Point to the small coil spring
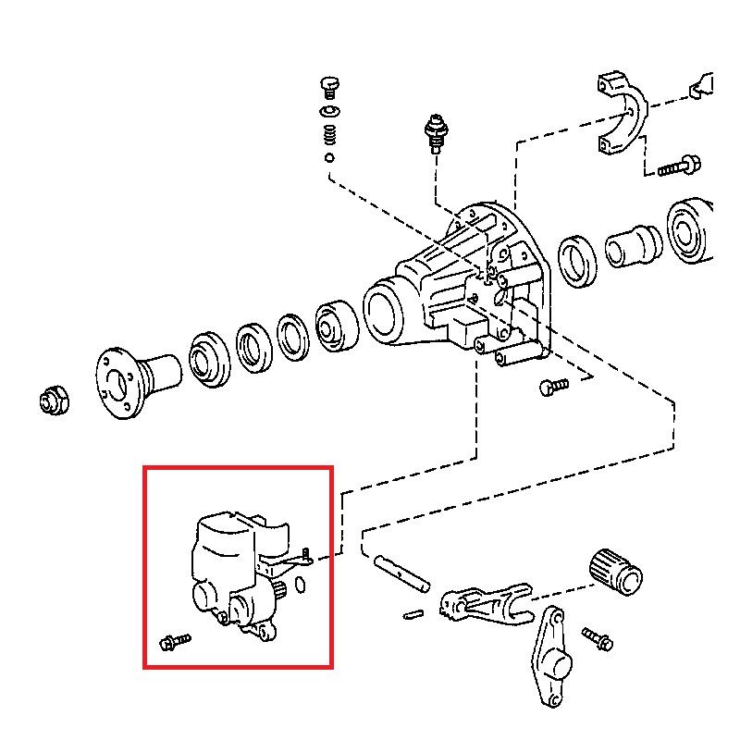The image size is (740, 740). coord(328,135)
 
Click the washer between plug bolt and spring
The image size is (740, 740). coord(328,112)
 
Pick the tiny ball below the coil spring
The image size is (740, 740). coord(328,157)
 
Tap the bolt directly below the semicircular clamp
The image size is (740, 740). coord(679,166)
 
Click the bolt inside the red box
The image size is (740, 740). coord(174,640)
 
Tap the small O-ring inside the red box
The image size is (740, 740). coord(301,585)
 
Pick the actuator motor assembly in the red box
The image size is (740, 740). coord(236,573)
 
